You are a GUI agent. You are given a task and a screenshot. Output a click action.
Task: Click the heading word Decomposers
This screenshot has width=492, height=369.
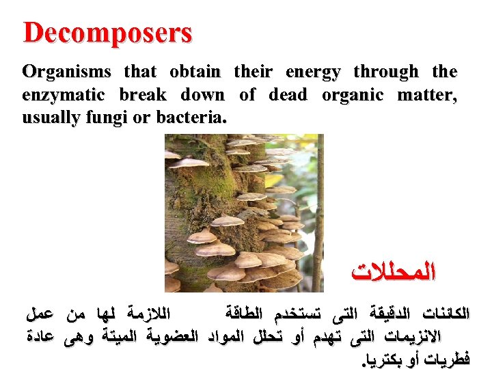[108, 33]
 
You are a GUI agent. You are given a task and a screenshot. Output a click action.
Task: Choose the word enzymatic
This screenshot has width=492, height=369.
[64, 94]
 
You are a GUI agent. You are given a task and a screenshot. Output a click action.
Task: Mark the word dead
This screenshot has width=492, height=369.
[288, 94]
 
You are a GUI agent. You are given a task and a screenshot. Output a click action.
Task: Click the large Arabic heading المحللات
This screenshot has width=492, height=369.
[393, 273]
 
